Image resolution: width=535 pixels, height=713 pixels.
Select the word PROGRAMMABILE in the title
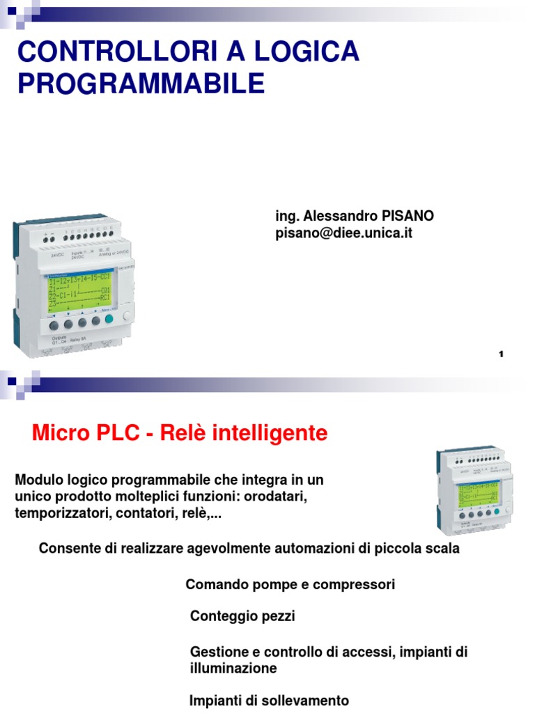141,83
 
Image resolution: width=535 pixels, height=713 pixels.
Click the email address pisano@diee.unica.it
344,234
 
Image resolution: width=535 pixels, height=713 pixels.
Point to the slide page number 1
501,355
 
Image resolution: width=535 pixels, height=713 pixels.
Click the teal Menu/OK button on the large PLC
108,320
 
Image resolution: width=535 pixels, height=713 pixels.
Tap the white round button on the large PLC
127,315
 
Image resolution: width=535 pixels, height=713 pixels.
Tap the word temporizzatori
57,514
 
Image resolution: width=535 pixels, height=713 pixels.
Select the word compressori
354,585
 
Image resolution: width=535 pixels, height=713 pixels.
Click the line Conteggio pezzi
242,616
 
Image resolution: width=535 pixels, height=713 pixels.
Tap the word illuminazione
233,668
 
